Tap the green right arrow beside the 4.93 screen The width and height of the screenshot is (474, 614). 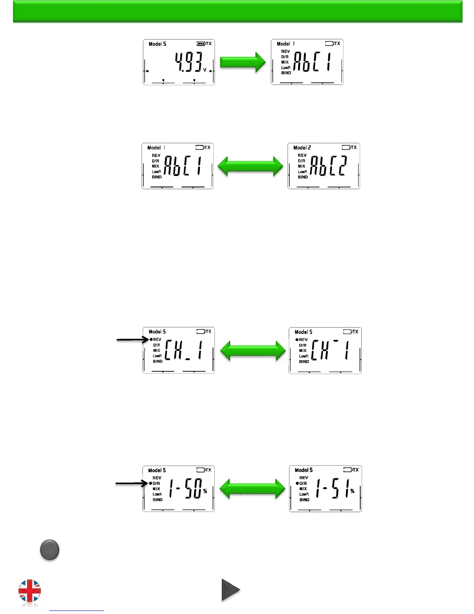[x=243, y=62]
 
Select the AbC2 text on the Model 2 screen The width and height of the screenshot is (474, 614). [x=328, y=166]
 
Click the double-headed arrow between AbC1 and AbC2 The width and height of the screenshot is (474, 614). [x=250, y=166]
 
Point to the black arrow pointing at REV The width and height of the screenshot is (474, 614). [x=132, y=340]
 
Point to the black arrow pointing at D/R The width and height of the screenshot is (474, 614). [x=131, y=483]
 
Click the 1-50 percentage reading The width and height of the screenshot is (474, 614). [x=185, y=488]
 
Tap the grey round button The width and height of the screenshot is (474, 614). [x=50, y=550]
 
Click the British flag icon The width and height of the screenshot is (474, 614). [x=30, y=591]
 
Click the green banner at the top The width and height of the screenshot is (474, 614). [x=237, y=11]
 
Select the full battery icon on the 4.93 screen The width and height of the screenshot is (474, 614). [x=201, y=44]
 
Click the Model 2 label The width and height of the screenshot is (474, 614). [x=302, y=148]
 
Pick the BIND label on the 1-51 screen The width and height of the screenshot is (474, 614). [x=304, y=500]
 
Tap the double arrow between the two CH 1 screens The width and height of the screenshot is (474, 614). [x=253, y=351]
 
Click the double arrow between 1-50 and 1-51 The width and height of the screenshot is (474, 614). [x=252, y=488]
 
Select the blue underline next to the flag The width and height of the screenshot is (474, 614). [x=77, y=611]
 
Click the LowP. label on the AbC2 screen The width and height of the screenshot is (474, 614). [x=302, y=172]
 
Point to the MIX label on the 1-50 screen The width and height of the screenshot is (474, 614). [x=156, y=489]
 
